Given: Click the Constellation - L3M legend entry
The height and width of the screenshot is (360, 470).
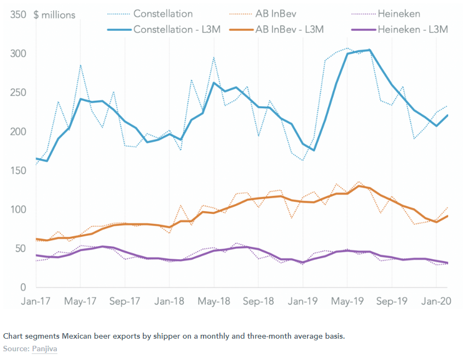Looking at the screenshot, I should point(177,29).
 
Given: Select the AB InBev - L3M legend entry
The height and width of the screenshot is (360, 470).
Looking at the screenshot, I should point(289,29).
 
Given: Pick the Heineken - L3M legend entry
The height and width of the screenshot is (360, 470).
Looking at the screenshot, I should point(412,29).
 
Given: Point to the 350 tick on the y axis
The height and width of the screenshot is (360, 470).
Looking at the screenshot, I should point(18,15).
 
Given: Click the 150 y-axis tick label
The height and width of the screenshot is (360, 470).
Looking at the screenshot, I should point(18,171).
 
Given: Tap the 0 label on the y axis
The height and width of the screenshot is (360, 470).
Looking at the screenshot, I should point(23,287).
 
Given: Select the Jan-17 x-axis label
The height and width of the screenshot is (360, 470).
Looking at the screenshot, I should point(36,301).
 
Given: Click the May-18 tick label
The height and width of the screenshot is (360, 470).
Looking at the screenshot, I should point(214,301).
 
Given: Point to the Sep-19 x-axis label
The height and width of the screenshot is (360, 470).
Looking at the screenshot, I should point(392,301).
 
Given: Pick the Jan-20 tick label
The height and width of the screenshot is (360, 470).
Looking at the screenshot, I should point(436,301).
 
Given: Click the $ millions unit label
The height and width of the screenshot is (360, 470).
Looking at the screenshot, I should point(54,15).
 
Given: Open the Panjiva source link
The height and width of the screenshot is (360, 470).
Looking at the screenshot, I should point(44,349).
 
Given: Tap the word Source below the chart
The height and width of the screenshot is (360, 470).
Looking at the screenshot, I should point(15,349).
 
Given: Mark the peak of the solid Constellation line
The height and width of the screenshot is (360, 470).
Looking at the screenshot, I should point(369,50).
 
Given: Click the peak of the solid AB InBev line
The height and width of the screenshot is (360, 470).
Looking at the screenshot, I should point(358,186).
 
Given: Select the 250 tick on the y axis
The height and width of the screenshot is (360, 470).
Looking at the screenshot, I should point(18,92).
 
